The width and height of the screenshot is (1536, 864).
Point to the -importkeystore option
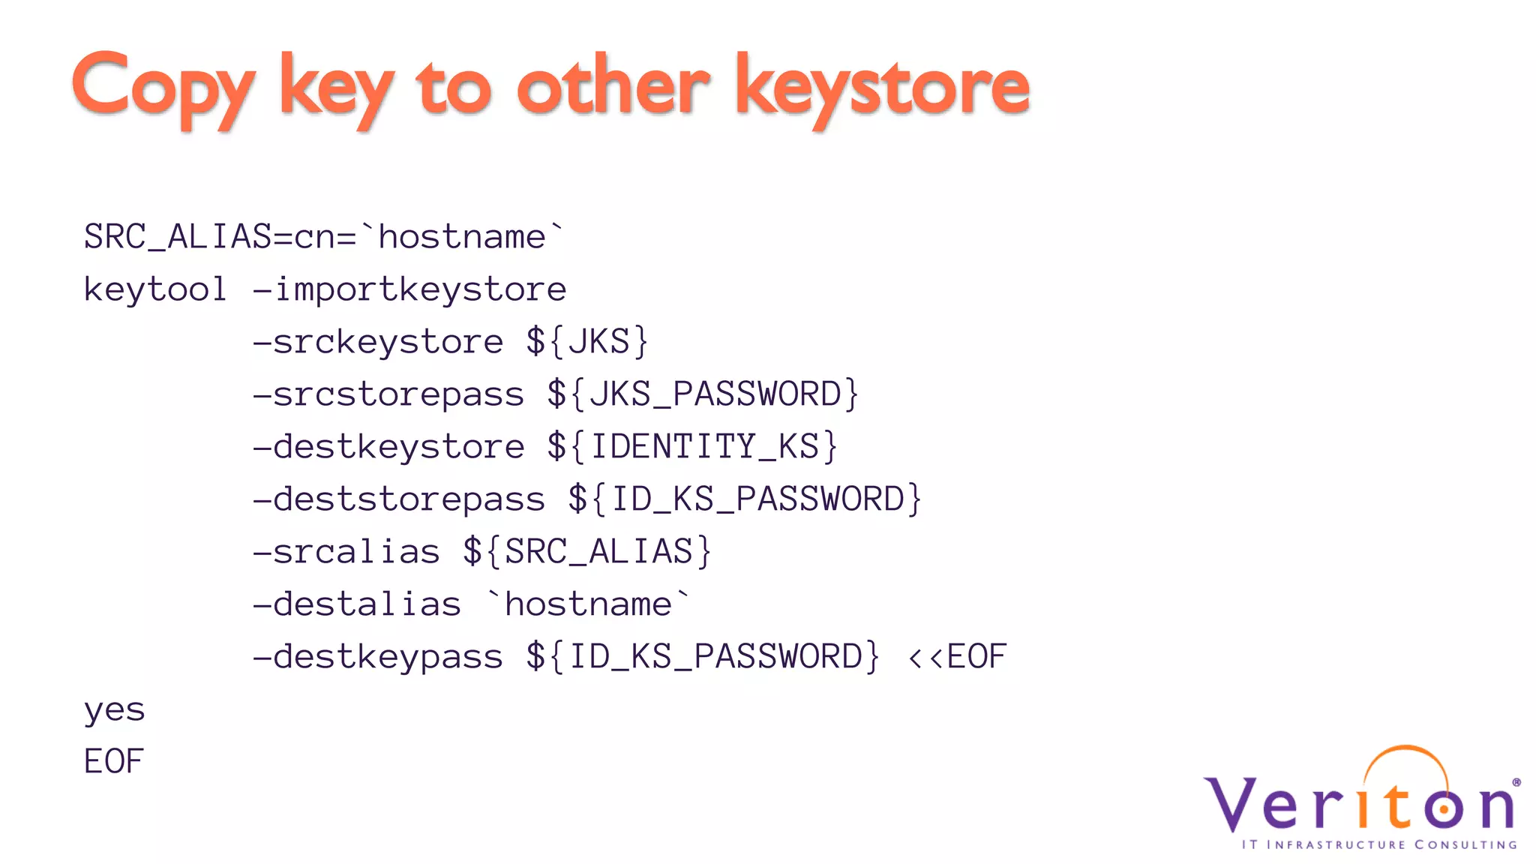(409, 289)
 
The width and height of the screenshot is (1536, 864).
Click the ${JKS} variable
(587, 342)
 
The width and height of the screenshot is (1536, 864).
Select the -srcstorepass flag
(388, 394)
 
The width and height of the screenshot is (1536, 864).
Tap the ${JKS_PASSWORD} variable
(703, 394)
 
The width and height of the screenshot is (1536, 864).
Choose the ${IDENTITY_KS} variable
(691, 447)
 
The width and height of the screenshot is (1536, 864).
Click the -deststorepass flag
(399, 499)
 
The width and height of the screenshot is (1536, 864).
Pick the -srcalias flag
(346, 552)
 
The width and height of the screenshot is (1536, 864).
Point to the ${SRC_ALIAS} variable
(587, 552)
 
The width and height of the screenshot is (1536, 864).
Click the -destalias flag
(357, 604)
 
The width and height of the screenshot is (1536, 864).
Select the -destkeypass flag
(378, 657)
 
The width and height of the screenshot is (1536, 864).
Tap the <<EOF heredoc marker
(957, 657)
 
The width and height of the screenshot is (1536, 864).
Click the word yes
(114, 709)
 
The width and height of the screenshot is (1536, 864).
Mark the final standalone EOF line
(114, 762)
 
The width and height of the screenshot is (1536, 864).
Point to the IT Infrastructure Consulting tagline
(1378, 844)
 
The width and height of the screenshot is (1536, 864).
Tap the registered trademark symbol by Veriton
(1516, 782)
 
